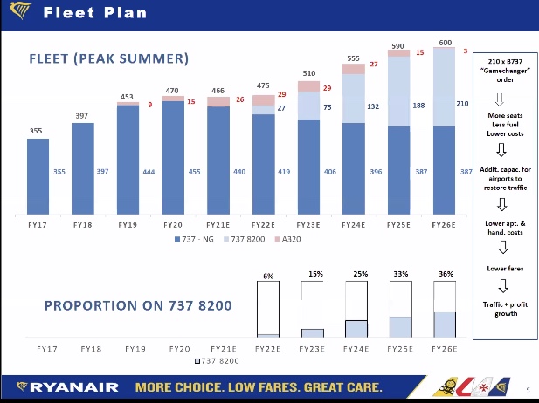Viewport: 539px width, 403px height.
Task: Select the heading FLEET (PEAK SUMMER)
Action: [x=108, y=59]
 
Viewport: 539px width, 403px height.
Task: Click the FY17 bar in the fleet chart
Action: [x=38, y=174]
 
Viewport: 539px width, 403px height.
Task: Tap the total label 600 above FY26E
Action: [x=446, y=43]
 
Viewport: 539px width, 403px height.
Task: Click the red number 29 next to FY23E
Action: [x=328, y=88]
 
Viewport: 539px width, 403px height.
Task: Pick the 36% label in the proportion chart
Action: [x=446, y=274]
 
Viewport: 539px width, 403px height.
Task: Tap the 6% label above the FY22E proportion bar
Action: [x=268, y=277]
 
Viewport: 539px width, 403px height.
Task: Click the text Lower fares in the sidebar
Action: [x=504, y=269]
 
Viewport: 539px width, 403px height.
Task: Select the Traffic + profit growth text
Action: [x=504, y=308]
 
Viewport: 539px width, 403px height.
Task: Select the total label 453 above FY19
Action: [x=128, y=98]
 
